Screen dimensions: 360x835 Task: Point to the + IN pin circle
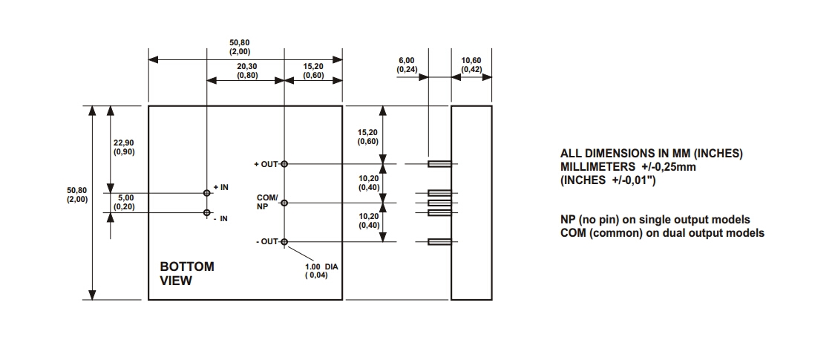click(207, 192)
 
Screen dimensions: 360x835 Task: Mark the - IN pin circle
click(207, 212)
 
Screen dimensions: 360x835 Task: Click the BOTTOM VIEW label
click(187, 273)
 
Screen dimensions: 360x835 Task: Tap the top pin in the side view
click(439, 163)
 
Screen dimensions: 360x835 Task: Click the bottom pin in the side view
click(439, 241)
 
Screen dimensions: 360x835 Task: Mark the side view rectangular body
click(471, 203)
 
